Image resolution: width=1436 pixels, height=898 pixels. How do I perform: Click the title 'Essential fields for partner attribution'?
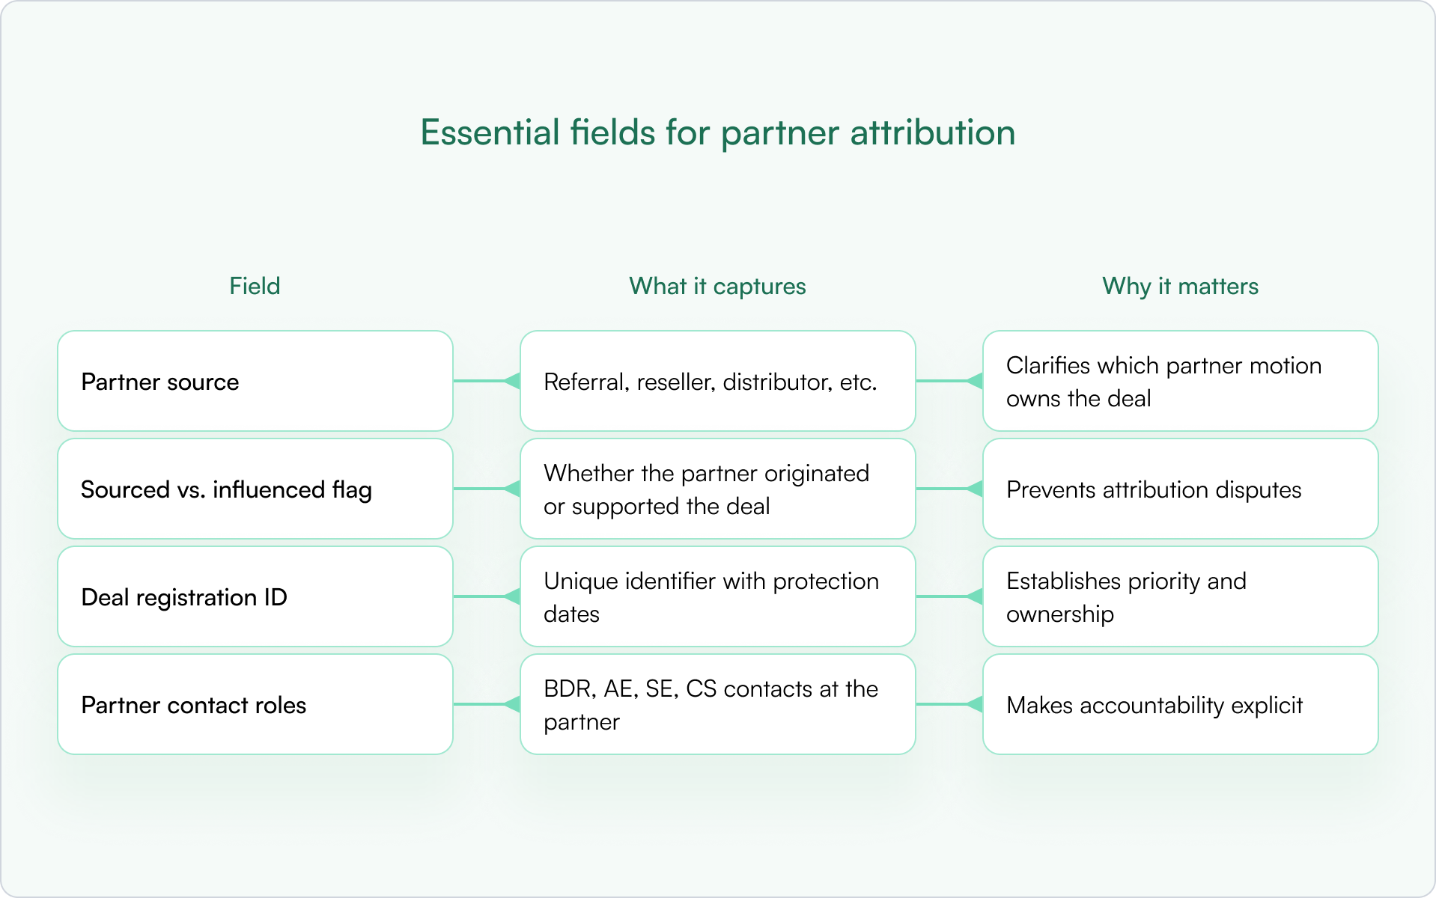coord(717,132)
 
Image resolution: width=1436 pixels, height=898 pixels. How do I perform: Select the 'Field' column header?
coord(255,286)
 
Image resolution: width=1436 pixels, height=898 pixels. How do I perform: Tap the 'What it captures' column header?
coord(717,286)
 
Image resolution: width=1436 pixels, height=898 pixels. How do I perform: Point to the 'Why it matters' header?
coord(1180,286)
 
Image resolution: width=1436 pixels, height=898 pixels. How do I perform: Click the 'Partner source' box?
coord(255,381)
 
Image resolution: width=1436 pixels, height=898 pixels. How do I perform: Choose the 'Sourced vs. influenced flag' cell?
coord(255,489)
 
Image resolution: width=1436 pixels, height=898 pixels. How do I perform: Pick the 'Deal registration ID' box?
coord(255,596)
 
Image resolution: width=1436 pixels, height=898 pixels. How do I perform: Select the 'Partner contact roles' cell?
coord(255,704)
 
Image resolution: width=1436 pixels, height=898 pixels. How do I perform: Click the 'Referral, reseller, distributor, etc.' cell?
coord(717,381)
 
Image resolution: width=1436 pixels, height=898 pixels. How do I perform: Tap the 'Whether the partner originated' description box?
coord(717,489)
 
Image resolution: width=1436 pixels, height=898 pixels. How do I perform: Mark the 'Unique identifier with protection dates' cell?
coord(717,596)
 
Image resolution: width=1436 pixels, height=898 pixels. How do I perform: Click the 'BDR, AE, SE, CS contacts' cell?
coord(717,704)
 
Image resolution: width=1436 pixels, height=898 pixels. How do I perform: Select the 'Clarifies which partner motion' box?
coord(1180,381)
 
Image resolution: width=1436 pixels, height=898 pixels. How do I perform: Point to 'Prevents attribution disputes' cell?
coord(1180,489)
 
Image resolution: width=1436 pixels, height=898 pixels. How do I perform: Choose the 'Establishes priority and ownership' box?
coord(1180,596)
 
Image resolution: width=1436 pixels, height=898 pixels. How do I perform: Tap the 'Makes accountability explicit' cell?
coord(1180,704)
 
